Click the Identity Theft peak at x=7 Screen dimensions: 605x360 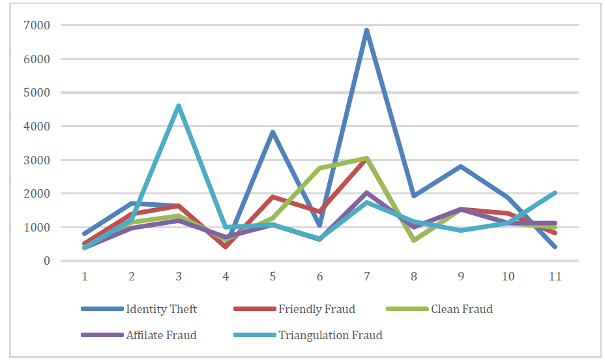coord(366,30)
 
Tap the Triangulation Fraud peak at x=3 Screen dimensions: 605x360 coord(179,106)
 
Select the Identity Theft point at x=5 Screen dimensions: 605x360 coord(273,132)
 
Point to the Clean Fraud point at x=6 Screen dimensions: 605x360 coord(320,168)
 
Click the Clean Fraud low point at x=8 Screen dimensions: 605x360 coord(414,241)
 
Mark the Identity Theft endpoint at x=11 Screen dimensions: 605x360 coord(555,247)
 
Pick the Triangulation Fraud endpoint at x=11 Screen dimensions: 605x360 coord(555,192)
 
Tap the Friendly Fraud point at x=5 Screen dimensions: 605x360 coord(273,197)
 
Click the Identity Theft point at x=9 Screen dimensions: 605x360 coord(461,166)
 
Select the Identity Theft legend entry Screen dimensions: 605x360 coord(140,309)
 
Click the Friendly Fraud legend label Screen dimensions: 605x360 coord(317,309)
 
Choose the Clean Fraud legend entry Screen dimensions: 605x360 coord(440,309)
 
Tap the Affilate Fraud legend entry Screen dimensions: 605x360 coord(139,335)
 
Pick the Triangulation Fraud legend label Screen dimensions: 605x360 coord(331,335)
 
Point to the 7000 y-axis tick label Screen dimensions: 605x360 coord(37,25)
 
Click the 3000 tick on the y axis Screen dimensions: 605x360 coord(37,160)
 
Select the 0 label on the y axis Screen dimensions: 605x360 coord(47,262)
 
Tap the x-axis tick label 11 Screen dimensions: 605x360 coord(555,277)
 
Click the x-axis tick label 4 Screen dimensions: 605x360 coord(226,277)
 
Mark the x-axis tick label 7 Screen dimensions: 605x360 coord(366,277)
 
